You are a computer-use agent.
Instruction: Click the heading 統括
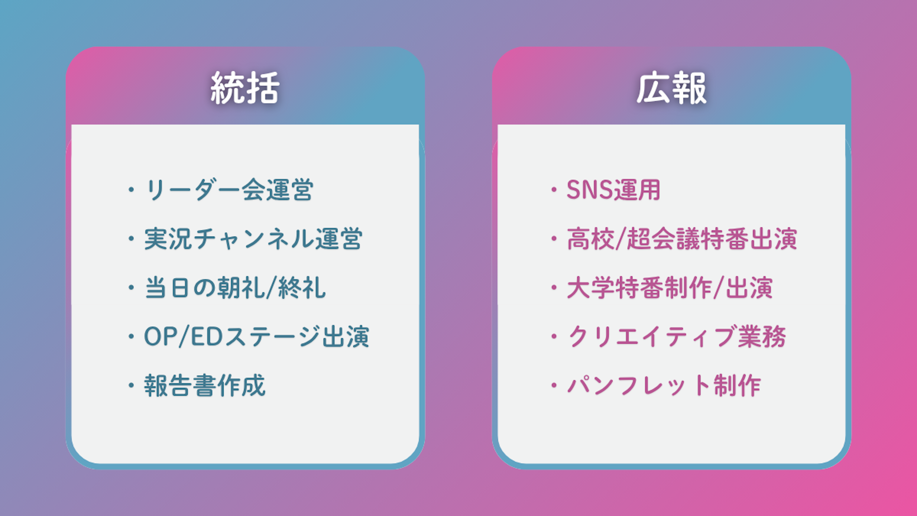[245, 88]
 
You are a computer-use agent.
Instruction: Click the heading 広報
[671, 88]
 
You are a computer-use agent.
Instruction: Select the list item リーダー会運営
[229, 189]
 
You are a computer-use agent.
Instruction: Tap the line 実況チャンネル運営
[253, 239]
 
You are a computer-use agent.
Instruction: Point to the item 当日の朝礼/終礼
[235, 288]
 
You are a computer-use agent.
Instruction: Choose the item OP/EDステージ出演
[257, 337]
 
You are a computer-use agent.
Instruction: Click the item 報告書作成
[205, 386]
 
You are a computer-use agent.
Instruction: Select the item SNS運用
[613, 189]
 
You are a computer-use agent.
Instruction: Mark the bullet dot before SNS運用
[554, 189]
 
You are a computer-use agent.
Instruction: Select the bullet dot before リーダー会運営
[131, 189]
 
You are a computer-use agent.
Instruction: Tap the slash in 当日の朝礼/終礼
[271, 288]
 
